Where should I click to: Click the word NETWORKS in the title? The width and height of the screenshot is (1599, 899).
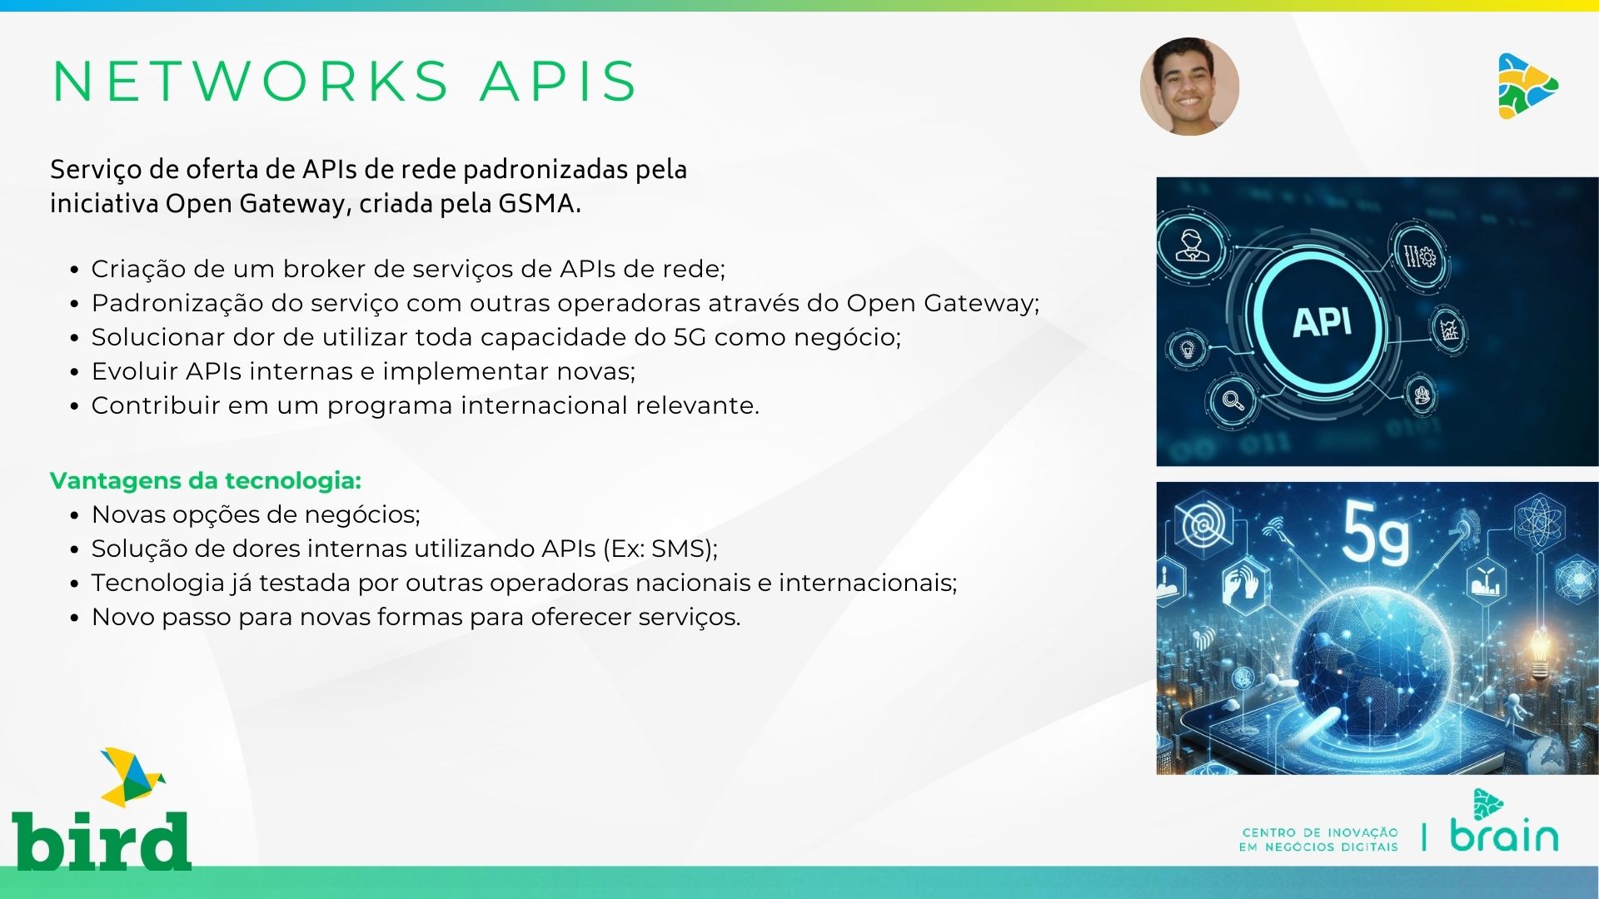tap(251, 82)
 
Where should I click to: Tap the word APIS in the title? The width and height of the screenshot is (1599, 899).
tap(559, 82)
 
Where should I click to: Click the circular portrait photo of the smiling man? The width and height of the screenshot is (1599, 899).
tap(1189, 87)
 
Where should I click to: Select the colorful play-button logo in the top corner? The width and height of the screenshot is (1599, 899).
tap(1527, 86)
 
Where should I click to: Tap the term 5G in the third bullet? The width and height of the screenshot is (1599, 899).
tap(690, 337)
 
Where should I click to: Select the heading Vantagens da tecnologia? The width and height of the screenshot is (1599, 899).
tap(206, 480)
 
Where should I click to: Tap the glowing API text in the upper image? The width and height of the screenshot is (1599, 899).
tap(1323, 322)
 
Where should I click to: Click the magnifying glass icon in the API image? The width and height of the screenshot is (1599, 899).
tap(1233, 400)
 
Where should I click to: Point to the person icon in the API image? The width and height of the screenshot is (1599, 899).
tap(1190, 246)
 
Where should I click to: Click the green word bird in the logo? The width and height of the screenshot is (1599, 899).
tap(102, 841)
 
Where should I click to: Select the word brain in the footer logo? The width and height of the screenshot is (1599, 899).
tap(1504, 834)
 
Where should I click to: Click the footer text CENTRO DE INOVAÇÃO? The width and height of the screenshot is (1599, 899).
tap(1320, 832)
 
